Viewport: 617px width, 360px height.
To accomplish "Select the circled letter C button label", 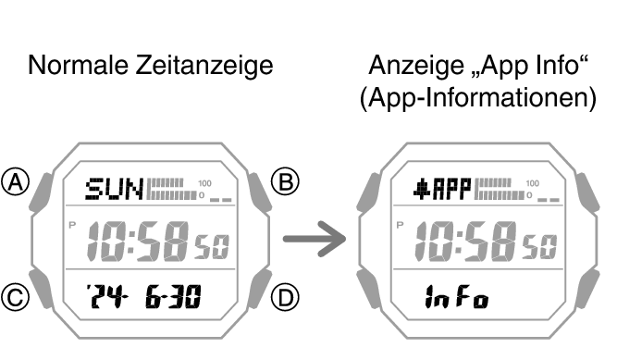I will click(x=15, y=297).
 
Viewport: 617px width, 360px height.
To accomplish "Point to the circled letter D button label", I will click(x=289, y=297).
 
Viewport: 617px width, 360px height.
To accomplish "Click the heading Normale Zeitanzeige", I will click(x=152, y=66).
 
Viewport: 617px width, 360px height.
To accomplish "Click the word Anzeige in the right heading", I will click(x=405, y=66).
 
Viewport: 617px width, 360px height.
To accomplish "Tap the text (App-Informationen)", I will click(x=477, y=98).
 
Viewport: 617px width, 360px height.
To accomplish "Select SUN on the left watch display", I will click(x=114, y=191).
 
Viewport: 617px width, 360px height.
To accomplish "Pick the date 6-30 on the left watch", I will click(x=177, y=297).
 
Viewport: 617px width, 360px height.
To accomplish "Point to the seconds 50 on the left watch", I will click(x=209, y=245).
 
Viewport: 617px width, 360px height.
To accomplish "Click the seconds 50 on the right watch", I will click(x=541, y=245).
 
